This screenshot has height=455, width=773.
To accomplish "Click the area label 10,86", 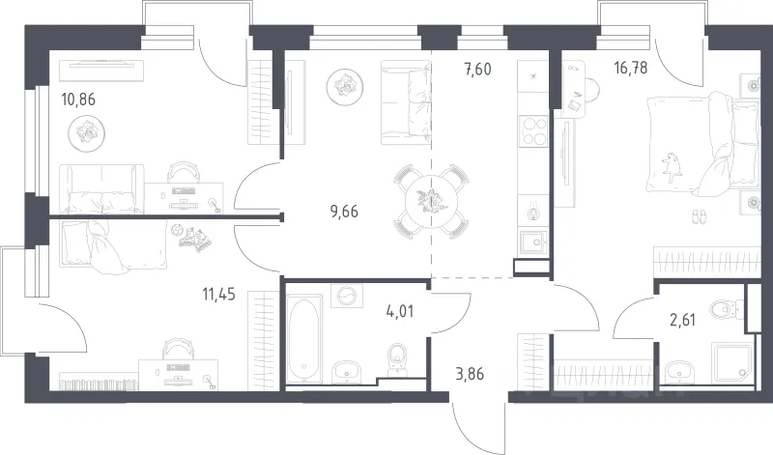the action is [x=78, y=100].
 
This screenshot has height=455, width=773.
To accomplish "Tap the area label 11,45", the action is [x=218, y=295].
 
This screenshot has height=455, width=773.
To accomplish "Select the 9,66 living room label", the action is [x=344, y=212].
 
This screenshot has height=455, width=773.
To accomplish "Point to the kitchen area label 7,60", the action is [x=477, y=70].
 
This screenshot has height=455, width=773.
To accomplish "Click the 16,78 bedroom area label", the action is [x=631, y=68].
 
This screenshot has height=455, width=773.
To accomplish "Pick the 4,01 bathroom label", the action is [x=400, y=312].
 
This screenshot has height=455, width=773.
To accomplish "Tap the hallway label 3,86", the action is [x=470, y=374].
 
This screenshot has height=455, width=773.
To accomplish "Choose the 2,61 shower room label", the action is [x=683, y=320].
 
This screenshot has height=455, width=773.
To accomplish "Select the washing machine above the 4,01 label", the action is [x=347, y=296].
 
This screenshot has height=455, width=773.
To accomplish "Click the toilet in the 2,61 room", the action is [x=727, y=309].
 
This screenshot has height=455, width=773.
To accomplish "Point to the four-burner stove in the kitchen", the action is [x=534, y=130].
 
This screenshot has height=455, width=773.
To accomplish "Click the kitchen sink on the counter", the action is [x=533, y=242].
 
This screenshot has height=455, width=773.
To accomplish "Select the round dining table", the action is [x=431, y=202].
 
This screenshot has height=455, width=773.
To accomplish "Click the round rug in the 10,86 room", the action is [x=86, y=132].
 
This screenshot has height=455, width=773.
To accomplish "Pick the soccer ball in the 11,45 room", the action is [x=177, y=229].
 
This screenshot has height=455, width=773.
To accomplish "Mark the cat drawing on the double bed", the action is [x=673, y=167].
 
